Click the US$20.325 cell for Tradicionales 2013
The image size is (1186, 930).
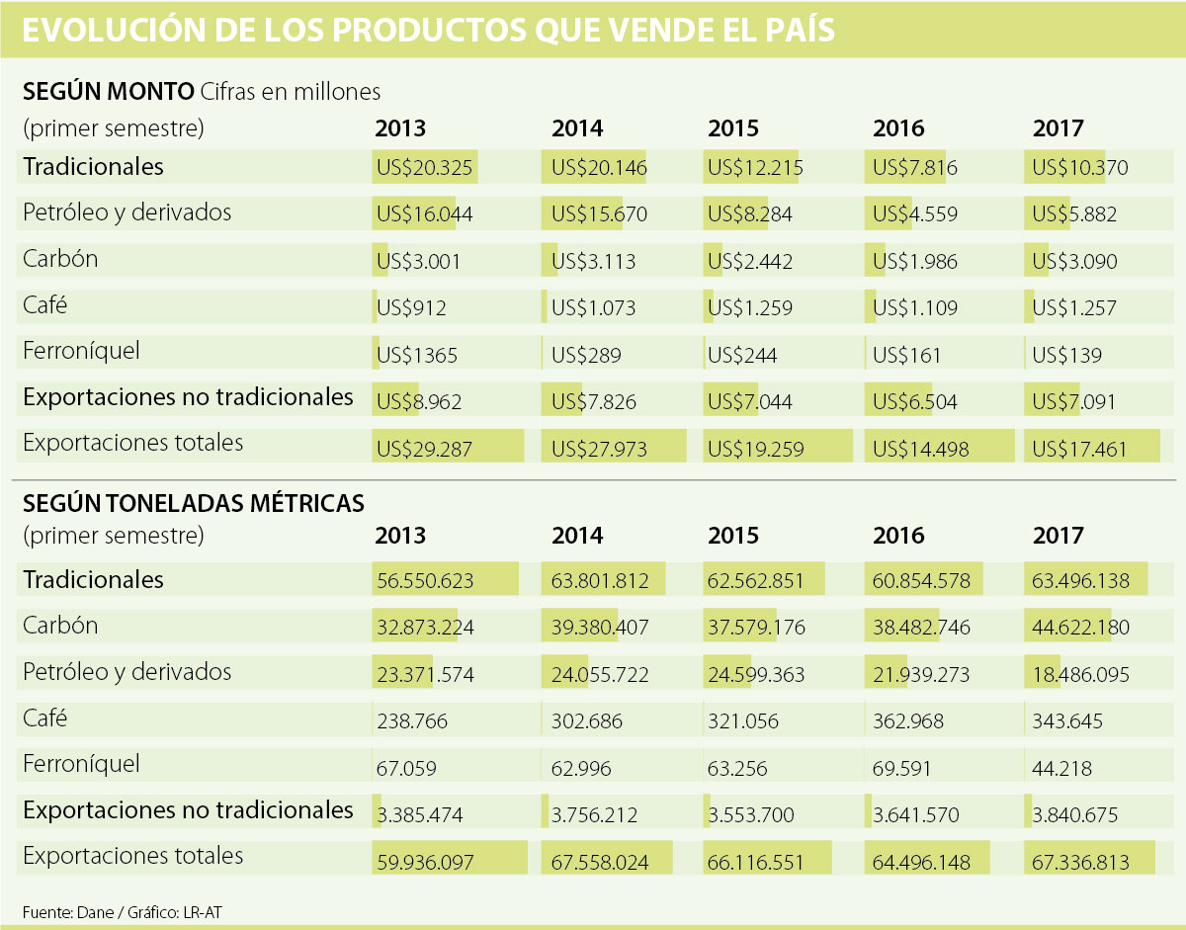(424, 168)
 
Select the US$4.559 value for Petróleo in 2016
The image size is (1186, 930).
(915, 214)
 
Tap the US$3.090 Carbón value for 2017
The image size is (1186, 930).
(1075, 262)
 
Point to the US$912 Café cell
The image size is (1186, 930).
(411, 308)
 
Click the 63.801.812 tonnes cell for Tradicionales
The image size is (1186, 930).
(600, 581)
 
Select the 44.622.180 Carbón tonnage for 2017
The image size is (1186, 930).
(1080, 628)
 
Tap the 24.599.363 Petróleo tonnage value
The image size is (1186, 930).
(756, 675)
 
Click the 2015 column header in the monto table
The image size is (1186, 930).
(733, 128)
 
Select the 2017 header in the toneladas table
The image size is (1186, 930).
(1059, 536)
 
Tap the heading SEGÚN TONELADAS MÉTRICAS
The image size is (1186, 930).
(194, 504)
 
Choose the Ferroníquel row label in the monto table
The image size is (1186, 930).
(81, 351)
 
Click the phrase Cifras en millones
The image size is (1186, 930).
(291, 92)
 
